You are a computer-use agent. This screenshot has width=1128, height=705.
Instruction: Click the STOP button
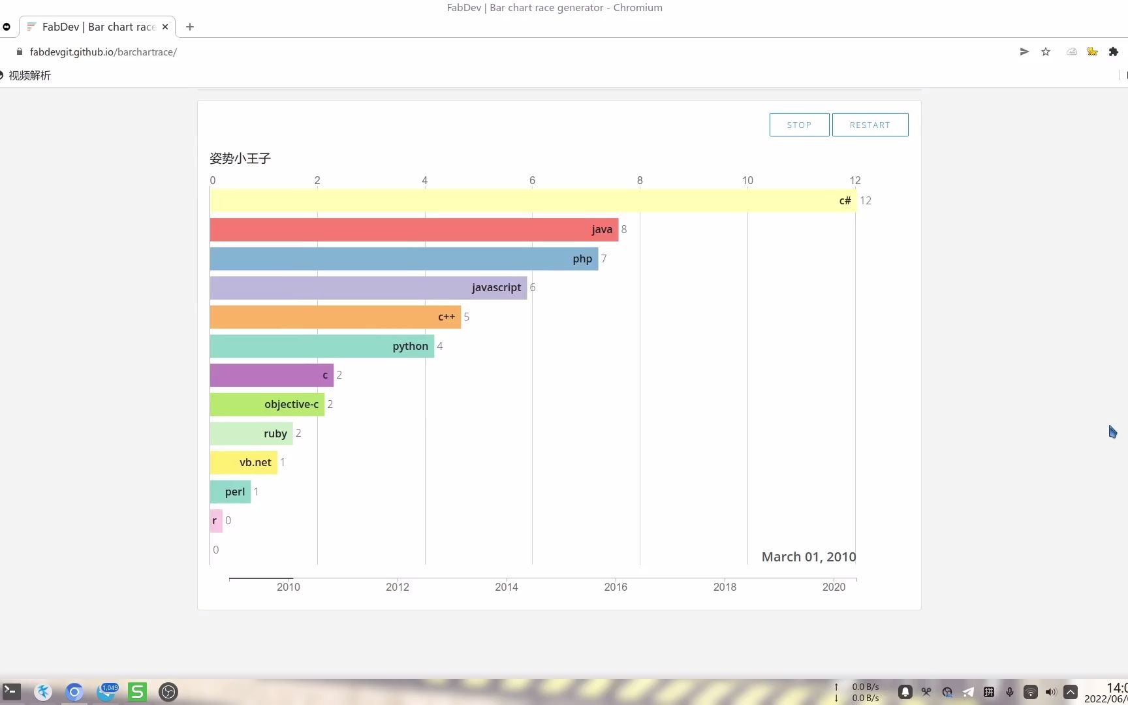[x=799, y=125]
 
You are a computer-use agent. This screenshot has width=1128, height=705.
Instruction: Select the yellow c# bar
[x=532, y=200]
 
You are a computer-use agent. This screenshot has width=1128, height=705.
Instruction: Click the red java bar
[x=414, y=230]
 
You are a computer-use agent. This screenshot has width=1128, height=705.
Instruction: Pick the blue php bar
[x=403, y=258]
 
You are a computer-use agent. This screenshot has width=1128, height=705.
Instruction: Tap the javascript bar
[x=368, y=288]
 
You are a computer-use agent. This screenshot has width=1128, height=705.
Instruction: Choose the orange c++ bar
[x=335, y=317]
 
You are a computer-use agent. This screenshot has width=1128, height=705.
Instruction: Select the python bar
[x=322, y=346]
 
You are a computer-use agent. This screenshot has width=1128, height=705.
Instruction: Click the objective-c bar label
[x=291, y=404]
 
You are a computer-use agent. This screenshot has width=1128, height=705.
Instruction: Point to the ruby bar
[x=251, y=433]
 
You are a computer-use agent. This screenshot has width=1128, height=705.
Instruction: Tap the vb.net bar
[x=243, y=463]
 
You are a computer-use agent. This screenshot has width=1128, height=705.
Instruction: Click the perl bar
[x=230, y=492]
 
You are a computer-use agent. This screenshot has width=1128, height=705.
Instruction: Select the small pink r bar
[x=216, y=521]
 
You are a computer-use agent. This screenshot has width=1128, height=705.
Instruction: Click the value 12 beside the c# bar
[x=866, y=200]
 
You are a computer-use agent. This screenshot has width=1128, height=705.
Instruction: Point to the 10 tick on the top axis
[x=747, y=180]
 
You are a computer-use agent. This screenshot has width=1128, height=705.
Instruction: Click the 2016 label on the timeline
[x=616, y=587]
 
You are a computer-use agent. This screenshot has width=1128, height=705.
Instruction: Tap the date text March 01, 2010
[x=808, y=557]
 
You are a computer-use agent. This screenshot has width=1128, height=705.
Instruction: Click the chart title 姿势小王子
[x=240, y=158]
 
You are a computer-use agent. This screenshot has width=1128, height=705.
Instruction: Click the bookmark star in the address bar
[x=1046, y=52]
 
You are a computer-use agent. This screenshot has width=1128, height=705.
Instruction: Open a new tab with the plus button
[x=190, y=27]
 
